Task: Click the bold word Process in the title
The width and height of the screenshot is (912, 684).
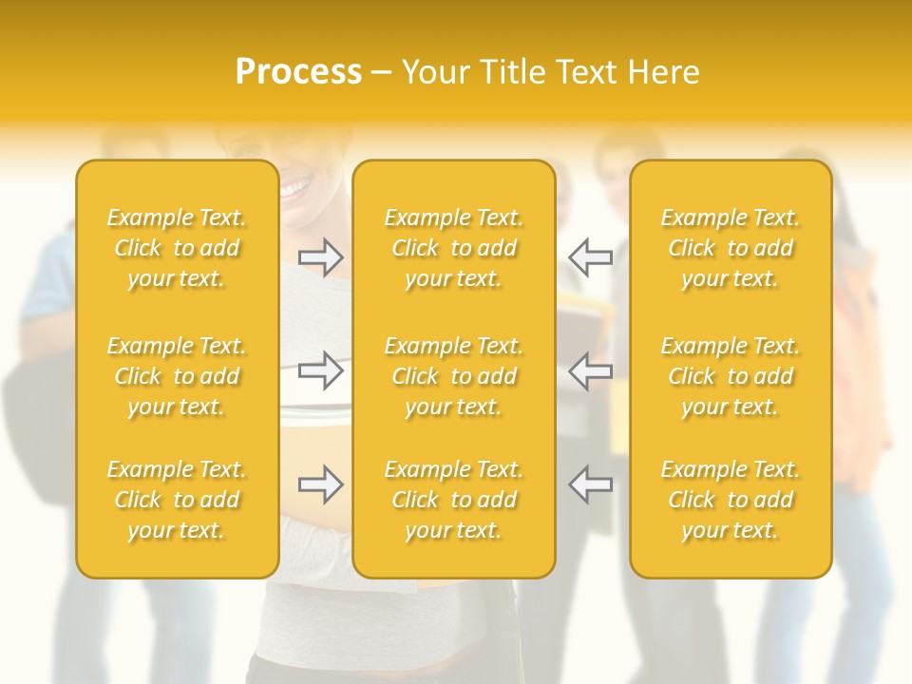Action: click(298, 72)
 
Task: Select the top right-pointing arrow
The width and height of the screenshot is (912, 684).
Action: click(321, 257)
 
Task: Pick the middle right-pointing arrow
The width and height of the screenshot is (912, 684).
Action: click(321, 370)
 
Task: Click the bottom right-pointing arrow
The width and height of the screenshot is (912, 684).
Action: click(321, 484)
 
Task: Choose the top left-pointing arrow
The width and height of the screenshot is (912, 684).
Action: click(591, 257)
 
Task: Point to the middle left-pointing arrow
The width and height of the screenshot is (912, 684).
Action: click(591, 370)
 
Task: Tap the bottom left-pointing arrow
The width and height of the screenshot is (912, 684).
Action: click(591, 484)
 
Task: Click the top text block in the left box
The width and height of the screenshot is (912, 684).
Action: click(177, 248)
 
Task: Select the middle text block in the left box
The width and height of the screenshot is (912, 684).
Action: click(177, 376)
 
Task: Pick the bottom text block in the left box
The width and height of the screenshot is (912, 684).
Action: click(177, 500)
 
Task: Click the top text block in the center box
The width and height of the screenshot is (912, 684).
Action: click(454, 248)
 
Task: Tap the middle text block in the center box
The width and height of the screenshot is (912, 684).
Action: click(454, 376)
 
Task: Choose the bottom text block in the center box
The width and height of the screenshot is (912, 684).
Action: click(454, 500)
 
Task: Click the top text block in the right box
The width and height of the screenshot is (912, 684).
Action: click(731, 248)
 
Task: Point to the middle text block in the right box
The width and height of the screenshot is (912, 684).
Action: click(731, 376)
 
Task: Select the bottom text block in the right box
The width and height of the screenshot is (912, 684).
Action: click(731, 500)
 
